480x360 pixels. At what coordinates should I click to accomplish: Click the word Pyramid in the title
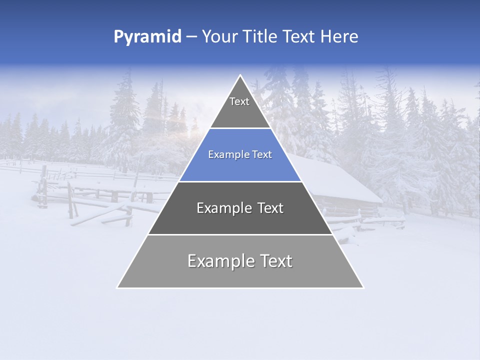(147, 37)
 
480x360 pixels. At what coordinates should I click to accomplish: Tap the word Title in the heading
(261, 37)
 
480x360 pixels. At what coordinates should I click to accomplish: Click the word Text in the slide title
(299, 37)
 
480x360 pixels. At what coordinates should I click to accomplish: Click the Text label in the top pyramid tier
(239, 101)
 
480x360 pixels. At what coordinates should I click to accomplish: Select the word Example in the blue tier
(226, 155)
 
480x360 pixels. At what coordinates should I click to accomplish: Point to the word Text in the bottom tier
(275, 261)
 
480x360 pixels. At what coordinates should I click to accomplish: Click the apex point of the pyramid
(240, 75)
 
